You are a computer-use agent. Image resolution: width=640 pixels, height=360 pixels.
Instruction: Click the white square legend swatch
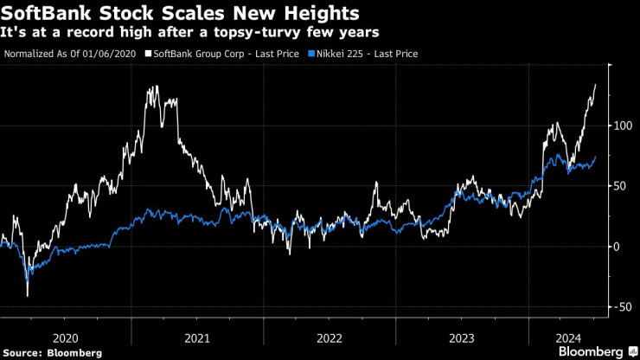(148, 54)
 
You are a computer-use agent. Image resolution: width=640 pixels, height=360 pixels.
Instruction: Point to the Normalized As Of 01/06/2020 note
(72, 54)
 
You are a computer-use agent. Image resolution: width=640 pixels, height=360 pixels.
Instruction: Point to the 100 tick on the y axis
(621, 126)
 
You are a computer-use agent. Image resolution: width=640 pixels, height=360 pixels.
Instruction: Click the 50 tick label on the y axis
(618, 186)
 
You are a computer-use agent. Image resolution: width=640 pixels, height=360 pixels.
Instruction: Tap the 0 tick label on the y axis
(616, 247)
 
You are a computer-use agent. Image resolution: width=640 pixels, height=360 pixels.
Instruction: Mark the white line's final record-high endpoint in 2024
(595, 85)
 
